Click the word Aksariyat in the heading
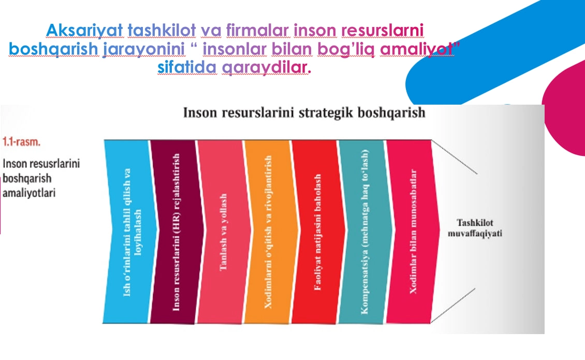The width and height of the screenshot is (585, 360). coord(84,31)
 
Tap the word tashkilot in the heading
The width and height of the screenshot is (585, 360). coord(162,30)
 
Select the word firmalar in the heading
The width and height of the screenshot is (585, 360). coord(257,30)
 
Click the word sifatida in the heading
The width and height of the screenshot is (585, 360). coord(187,67)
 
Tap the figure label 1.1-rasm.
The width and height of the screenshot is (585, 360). coord(21,142)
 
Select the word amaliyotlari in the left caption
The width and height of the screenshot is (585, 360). coord(28,193)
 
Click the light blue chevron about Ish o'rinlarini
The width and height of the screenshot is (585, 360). coord(130,232)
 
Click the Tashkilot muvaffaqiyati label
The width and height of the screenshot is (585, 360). coord(475,228)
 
